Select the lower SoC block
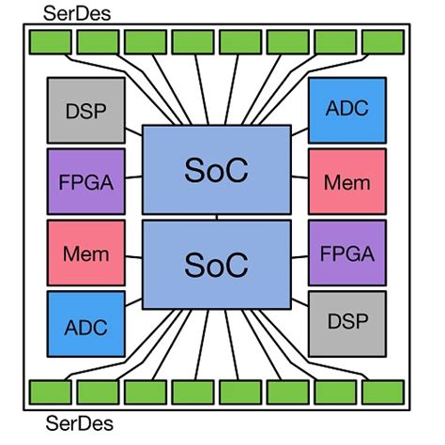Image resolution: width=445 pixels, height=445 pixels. [x=217, y=264]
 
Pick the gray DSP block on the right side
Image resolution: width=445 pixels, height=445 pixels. [x=347, y=321]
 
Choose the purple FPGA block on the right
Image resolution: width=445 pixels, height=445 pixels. [x=347, y=253]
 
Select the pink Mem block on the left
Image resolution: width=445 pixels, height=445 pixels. [x=85, y=253]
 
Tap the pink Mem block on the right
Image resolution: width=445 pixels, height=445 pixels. [x=347, y=181]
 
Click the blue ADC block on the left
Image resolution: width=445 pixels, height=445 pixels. [x=85, y=325]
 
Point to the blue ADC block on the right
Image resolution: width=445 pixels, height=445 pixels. [x=347, y=108]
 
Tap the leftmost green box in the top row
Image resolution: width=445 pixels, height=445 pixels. [x=50, y=42]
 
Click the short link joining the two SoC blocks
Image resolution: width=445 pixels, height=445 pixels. [x=217, y=218]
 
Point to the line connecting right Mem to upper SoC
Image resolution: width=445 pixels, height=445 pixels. [x=300, y=176]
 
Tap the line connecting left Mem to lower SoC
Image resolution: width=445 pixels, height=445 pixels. [x=132, y=254]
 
